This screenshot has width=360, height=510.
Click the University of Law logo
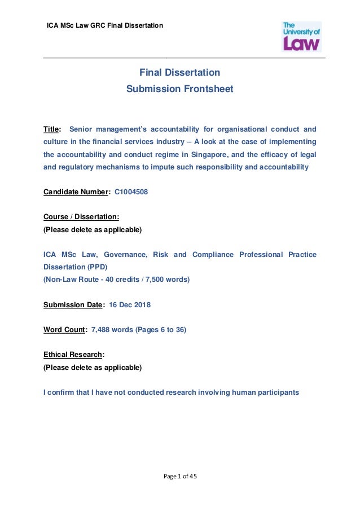coord(301,36)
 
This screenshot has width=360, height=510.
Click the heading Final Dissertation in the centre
coord(179,73)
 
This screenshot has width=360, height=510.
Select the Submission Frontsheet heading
coord(179,89)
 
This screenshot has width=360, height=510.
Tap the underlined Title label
coord(51,129)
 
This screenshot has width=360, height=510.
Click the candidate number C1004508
coord(131,192)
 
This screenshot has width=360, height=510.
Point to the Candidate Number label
coord(75,192)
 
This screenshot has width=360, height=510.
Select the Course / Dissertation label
coord(81,217)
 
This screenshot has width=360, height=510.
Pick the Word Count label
coord(64,330)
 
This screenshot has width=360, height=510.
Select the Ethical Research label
coord(73,355)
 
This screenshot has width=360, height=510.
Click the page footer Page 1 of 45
coord(180,477)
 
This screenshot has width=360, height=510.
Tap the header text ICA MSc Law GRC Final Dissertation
coord(104,25)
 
